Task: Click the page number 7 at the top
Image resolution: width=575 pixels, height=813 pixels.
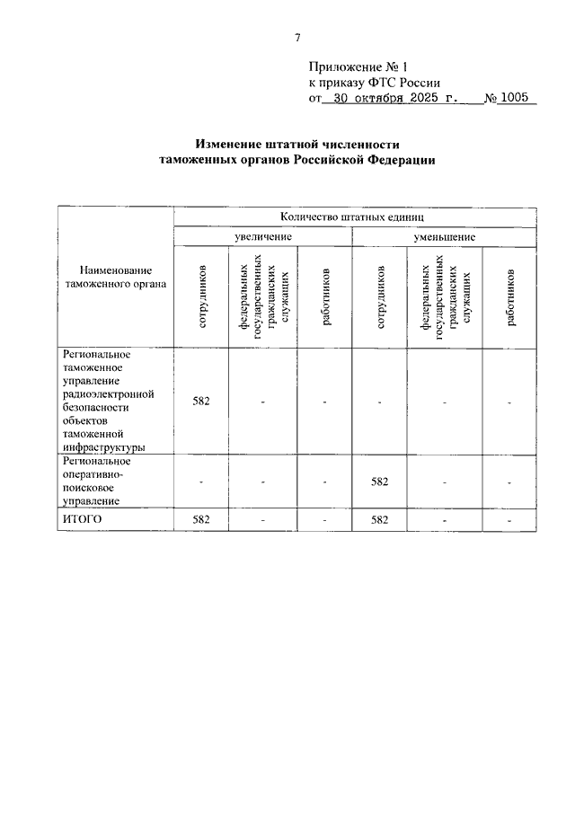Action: [296, 37]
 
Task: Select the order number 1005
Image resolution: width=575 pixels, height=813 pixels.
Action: [517, 99]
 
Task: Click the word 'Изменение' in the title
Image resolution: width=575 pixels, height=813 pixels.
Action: [232, 144]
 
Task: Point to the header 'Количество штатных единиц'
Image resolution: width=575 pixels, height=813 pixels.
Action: [346, 217]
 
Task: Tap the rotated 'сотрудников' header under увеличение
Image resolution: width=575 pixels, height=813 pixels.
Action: [202, 296]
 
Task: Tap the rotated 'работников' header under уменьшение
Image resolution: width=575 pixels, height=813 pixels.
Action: [509, 296]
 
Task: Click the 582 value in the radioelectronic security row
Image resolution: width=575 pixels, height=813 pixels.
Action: [201, 401]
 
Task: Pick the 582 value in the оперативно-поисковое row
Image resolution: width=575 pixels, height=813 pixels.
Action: [379, 482]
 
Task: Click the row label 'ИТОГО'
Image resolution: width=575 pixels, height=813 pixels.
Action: [82, 519]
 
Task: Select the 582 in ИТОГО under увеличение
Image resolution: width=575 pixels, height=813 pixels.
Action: [201, 519]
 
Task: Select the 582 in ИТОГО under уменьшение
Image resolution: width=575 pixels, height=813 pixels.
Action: [379, 519]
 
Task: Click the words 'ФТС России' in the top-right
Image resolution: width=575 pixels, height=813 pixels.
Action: [401, 83]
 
